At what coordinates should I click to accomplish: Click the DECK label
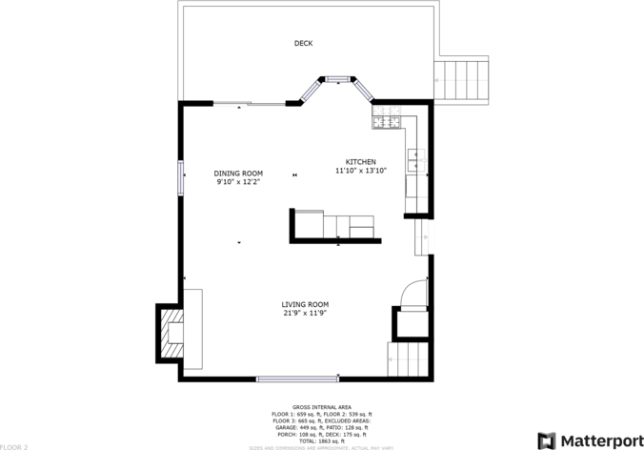tap(303, 43)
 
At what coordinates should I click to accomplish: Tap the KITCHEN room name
tap(360, 162)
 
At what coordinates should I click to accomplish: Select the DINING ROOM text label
tap(238, 173)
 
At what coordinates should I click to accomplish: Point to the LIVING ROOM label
tap(306, 304)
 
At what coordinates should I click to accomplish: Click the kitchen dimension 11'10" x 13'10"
tap(360, 171)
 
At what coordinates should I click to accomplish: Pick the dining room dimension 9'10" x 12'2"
tap(238, 181)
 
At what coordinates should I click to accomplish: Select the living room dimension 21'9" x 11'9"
tap(306, 313)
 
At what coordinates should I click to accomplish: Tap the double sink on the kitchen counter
tap(413, 160)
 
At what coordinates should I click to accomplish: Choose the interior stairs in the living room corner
tap(411, 360)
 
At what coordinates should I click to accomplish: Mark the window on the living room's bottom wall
tap(296, 378)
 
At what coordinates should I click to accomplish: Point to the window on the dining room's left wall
tap(180, 178)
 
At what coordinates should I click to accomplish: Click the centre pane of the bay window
tap(337, 79)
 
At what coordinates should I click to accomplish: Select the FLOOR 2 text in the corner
tap(14, 445)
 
